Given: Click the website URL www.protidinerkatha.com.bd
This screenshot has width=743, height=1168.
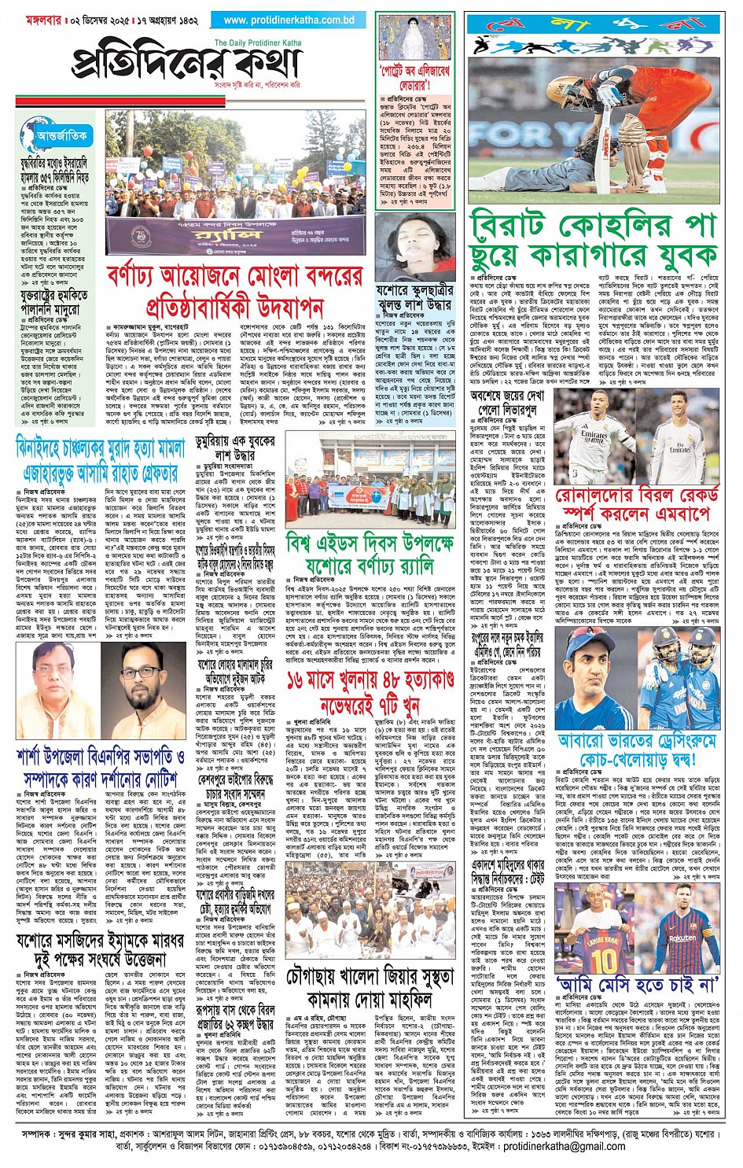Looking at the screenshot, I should tap(289, 20).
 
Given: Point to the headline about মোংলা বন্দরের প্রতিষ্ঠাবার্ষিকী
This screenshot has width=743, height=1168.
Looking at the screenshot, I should tap(234, 290).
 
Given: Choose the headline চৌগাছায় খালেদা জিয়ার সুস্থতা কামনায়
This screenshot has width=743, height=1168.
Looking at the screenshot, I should tap(369, 988).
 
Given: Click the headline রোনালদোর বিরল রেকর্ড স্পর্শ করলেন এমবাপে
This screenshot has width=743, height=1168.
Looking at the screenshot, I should tap(637, 504).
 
